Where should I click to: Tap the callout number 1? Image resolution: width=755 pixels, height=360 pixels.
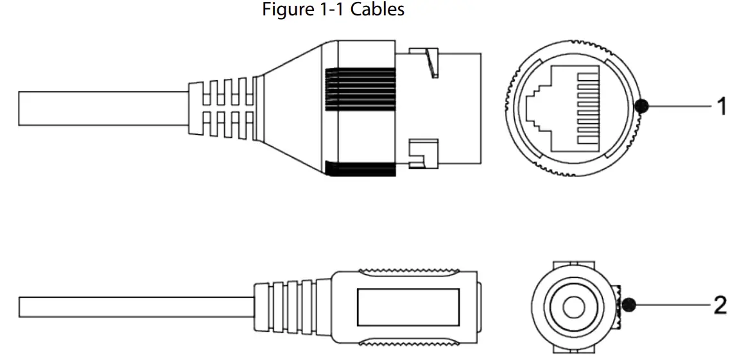(x=722, y=107)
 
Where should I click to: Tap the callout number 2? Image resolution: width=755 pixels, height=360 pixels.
(x=721, y=305)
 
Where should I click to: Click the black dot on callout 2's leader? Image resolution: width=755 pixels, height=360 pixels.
(x=629, y=305)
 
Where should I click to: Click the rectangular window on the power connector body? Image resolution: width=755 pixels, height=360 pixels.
(x=408, y=306)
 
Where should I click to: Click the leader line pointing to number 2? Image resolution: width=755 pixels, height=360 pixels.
(x=671, y=305)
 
